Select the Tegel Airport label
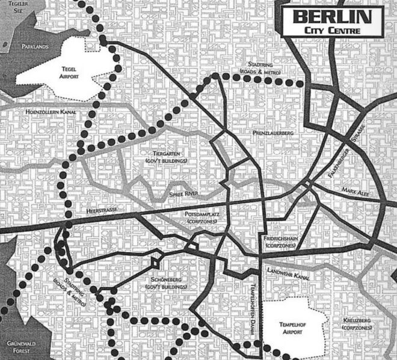[72, 73]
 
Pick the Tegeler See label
[12, 8]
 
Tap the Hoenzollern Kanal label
[34, 112]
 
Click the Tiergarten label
[163, 157]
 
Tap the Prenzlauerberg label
[274, 131]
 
